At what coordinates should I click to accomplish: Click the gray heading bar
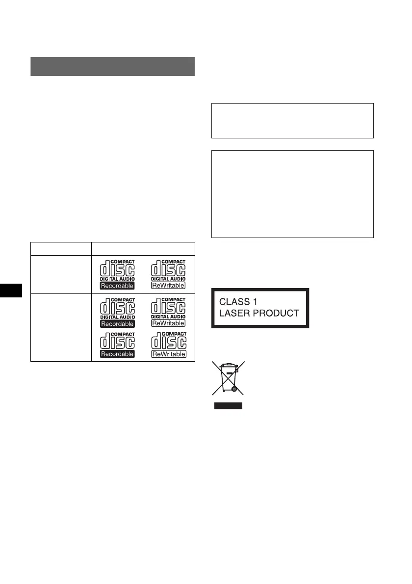(x=113, y=67)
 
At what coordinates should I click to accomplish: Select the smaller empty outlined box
(x=293, y=121)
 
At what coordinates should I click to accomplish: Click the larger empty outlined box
(x=293, y=194)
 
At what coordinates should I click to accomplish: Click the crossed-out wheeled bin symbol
(x=228, y=378)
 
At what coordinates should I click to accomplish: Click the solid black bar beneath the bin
(x=228, y=406)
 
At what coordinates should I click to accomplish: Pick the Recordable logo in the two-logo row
(x=118, y=274)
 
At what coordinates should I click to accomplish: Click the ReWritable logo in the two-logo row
(x=168, y=274)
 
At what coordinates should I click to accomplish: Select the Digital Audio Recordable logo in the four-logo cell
(x=118, y=312)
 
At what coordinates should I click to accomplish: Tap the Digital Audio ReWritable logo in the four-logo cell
(x=168, y=312)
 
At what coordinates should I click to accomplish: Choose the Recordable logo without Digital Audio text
(x=118, y=345)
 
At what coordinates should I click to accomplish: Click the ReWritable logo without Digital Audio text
(x=168, y=345)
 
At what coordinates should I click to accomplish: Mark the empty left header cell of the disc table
(x=61, y=249)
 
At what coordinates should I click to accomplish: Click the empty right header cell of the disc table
(x=143, y=249)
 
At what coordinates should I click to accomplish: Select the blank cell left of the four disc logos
(x=61, y=328)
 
